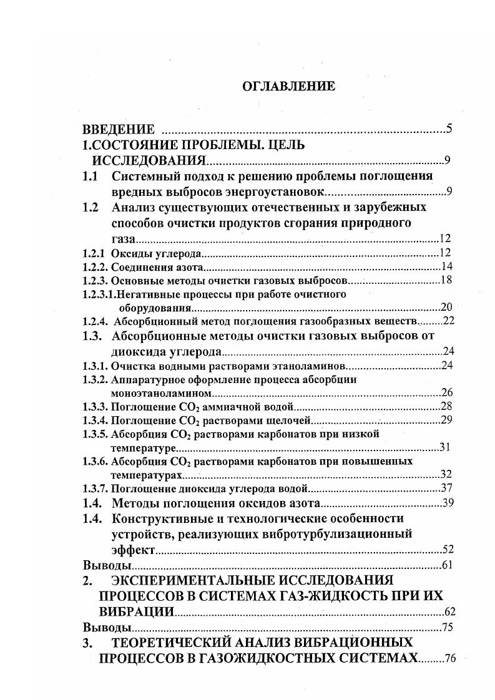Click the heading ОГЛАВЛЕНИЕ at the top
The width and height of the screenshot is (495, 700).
(x=288, y=87)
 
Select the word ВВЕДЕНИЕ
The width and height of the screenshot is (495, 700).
(x=119, y=130)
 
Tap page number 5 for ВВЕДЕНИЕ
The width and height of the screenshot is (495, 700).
(x=449, y=130)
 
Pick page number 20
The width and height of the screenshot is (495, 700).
(x=446, y=307)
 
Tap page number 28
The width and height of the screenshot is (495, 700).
(x=446, y=407)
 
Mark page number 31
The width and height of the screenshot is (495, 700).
(x=445, y=447)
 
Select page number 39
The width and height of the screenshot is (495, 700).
(x=447, y=503)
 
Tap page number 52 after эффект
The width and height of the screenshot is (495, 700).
(x=447, y=550)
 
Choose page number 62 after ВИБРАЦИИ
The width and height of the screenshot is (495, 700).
(x=447, y=612)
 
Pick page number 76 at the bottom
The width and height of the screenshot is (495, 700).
(x=449, y=659)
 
